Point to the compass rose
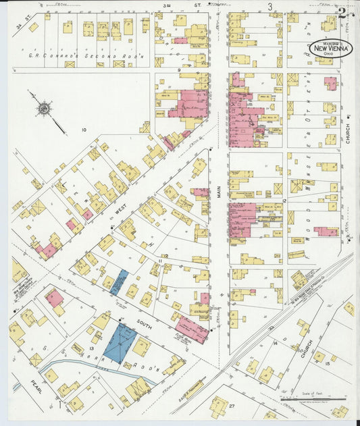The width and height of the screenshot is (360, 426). pos(44,107)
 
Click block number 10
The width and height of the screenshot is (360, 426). pos(84,130)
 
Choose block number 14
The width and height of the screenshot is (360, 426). pos(275,343)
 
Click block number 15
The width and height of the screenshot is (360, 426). pos(328,363)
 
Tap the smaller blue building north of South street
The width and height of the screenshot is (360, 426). pos(119,282)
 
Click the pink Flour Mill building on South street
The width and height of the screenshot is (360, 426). pos(192,330)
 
